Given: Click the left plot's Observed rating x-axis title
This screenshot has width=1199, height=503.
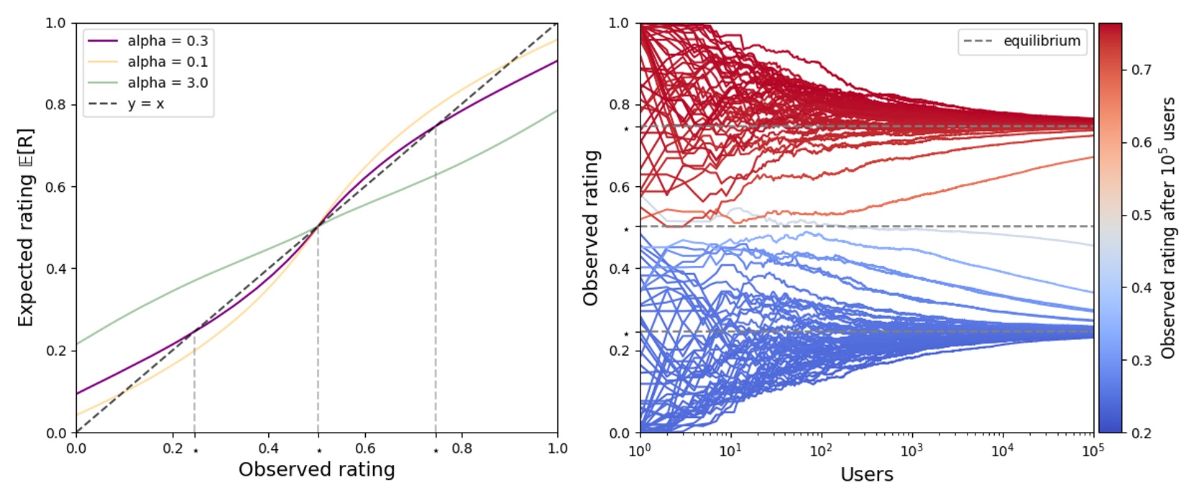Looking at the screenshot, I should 316,470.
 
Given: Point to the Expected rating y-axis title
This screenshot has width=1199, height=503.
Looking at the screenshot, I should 26,228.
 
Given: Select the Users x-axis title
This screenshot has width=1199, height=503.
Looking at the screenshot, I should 866,474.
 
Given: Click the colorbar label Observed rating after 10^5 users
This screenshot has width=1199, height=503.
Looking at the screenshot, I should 1168,228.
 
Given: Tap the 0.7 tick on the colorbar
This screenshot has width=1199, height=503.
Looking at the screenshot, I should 1141,70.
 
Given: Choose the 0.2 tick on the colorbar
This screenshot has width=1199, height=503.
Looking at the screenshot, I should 1141,433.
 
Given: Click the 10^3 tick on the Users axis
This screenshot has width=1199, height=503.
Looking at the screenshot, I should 911,451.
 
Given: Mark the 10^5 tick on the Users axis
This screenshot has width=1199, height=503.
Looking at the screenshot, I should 1093,451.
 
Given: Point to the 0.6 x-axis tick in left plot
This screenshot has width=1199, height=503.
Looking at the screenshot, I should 364,448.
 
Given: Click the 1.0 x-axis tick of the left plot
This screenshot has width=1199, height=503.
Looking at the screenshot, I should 557,448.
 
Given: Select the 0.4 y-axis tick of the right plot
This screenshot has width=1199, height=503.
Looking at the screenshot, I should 619,269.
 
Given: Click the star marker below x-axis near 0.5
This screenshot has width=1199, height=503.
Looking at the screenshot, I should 319,451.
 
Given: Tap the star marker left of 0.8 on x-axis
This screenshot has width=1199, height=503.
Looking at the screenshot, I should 436,451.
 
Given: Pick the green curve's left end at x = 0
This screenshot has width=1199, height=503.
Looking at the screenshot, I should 77,343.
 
